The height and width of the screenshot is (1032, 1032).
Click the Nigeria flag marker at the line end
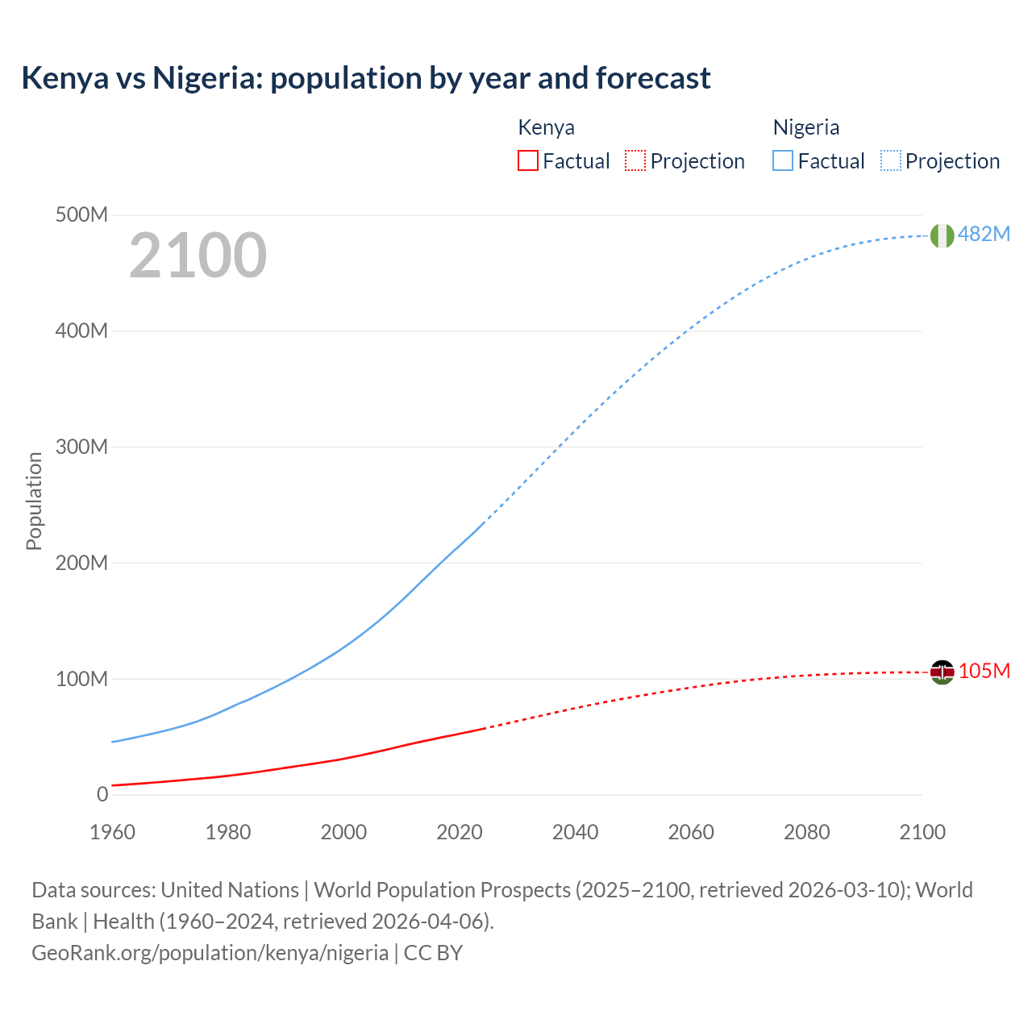pyautogui.click(x=942, y=235)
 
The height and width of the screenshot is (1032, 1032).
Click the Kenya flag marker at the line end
pyautogui.click(x=942, y=672)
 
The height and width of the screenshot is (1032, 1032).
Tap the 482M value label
pyautogui.click(x=984, y=234)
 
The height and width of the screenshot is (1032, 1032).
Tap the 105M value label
pyautogui.click(x=984, y=671)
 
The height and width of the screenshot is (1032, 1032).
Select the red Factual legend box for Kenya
pyautogui.click(x=527, y=160)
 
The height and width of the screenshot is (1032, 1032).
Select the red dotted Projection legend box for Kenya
pyautogui.click(x=635, y=160)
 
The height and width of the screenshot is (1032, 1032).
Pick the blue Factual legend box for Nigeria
pyautogui.click(x=782, y=160)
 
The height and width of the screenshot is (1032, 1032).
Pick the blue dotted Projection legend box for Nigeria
pyautogui.click(x=890, y=160)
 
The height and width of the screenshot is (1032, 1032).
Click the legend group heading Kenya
pyautogui.click(x=546, y=127)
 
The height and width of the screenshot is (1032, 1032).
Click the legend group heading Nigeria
pyautogui.click(x=805, y=127)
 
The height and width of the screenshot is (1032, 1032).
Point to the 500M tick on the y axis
pyautogui.click(x=81, y=215)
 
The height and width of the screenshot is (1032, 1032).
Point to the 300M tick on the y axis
pyautogui.click(x=81, y=447)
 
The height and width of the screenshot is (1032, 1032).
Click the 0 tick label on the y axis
pyautogui.click(x=102, y=794)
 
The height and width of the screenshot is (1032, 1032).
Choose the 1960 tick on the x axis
pyautogui.click(x=112, y=832)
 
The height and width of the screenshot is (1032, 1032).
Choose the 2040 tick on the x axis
pyautogui.click(x=575, y=832)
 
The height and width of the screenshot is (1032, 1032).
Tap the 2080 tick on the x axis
pyautogui.click(x=806, y=832)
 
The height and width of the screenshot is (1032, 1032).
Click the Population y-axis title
pyautogui.click(x=34, y=501)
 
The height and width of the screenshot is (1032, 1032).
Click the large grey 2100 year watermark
pyautogui.click(x=198, y=256)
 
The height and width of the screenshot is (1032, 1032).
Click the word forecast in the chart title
pyautogui.click(x=653, y=78)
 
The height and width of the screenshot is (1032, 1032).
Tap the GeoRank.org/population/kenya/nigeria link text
pyautogui.click(x=210, y=952)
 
